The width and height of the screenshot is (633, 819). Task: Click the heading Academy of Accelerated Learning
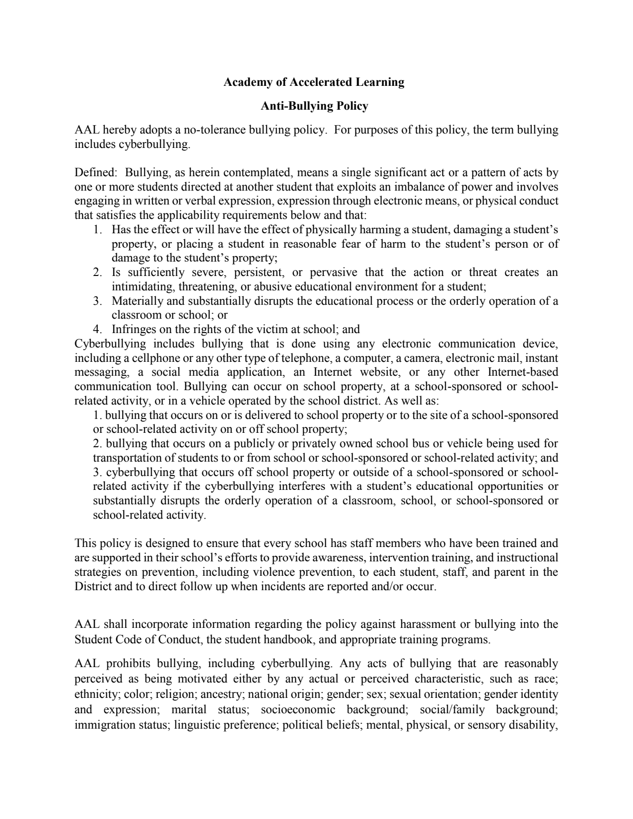tap(314, 82)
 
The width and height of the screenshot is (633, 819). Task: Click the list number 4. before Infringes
tap(98, 329)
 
